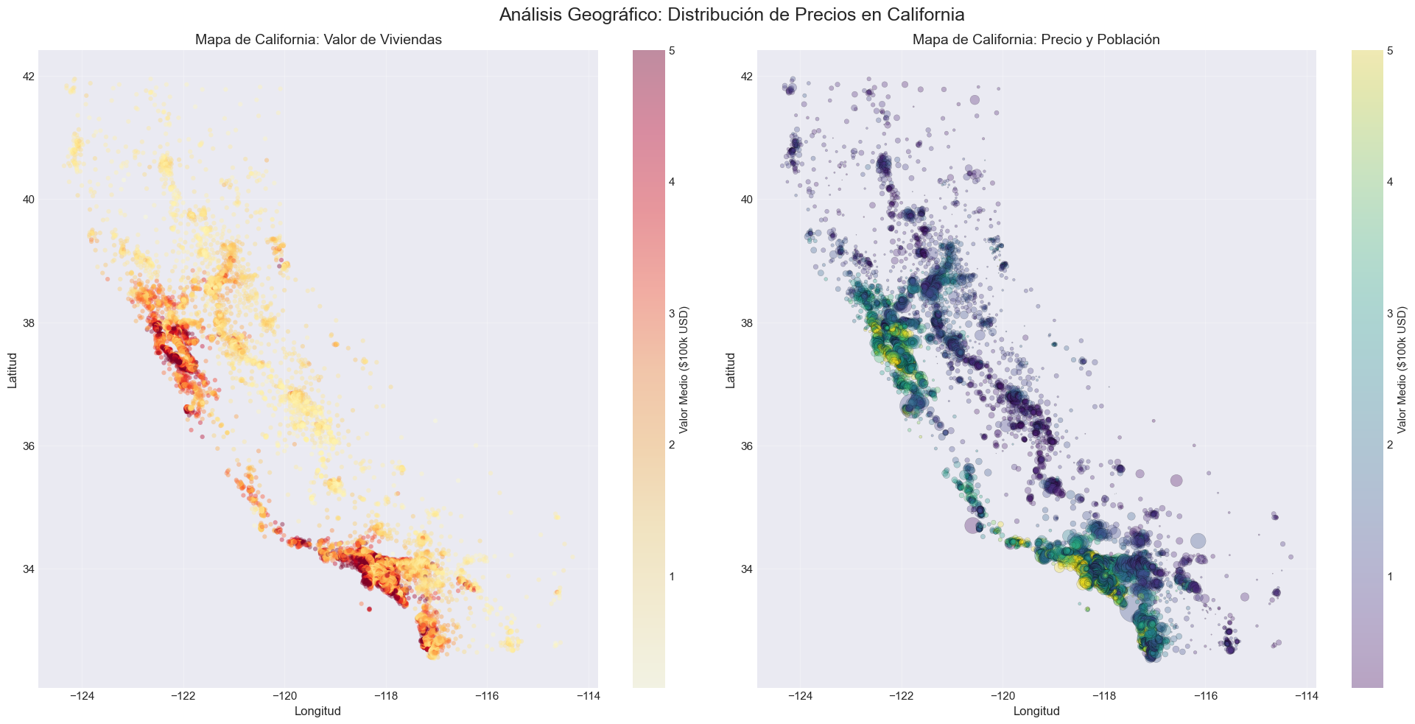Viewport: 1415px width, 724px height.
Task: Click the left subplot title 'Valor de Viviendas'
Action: [x=318, y=40]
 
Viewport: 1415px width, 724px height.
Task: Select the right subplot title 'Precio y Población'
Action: [x=1036, y=40]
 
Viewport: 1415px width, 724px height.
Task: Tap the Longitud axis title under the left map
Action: [x=317, y=711]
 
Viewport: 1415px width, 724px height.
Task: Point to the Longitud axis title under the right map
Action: [x=1036, y=711]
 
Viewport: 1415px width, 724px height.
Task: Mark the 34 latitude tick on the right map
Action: [x=745, y=569]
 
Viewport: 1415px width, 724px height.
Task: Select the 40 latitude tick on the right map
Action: [x=745, y=200]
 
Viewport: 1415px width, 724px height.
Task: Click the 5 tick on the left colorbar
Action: [x=672, y=51]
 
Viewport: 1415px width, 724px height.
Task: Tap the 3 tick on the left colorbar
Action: [x=672, y=313]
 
